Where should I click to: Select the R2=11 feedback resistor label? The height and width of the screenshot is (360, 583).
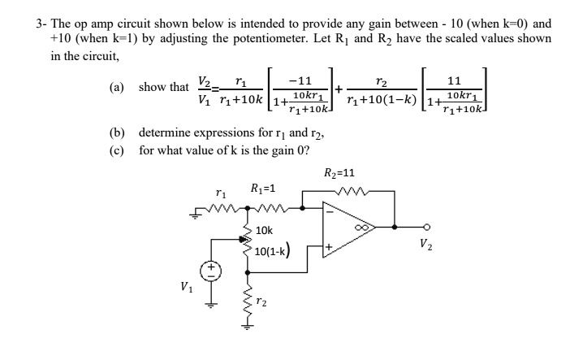tap(339, 172)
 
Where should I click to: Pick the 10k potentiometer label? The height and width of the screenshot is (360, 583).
tap(264, 231)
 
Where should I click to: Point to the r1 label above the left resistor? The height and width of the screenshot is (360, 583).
tap(222, 193)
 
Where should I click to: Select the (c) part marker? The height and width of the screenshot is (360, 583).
tap(118, 150)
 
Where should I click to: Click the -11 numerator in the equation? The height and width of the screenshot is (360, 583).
tap(300, 80)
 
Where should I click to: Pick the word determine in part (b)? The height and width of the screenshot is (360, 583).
tap(166, 132)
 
